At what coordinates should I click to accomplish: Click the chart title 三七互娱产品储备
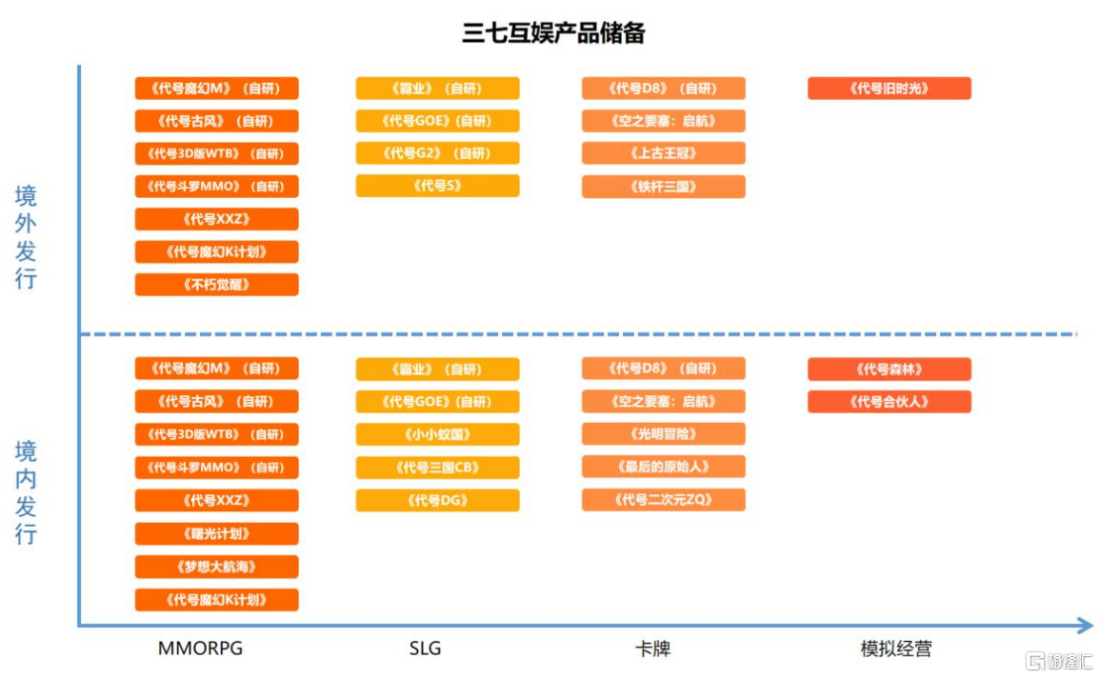[x=553, y=33]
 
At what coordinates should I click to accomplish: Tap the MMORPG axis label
[x=200, y=648]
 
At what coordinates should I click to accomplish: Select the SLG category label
[x=425, y=648]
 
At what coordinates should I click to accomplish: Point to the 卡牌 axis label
[x=653, y=648]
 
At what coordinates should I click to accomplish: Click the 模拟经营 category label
[x=896, y=648]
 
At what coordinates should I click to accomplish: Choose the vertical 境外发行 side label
[x=26, y=237]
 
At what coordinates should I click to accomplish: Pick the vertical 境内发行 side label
[x=26, y=492]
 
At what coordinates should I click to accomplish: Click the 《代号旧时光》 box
[x=890, y=89]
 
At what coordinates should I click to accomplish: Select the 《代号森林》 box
[x=890, y=369]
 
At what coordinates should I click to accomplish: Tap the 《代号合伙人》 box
[x=890, y=402]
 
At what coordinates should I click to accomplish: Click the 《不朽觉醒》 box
[x=217, y=285]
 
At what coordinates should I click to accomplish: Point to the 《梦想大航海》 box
[x=217, y=567]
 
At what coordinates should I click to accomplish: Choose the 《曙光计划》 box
[x=217, y=533]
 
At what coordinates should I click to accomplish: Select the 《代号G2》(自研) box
[x=438, y=153]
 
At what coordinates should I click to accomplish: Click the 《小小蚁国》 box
[x=438, y=435]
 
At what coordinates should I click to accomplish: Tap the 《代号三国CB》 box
[x=438, y=468]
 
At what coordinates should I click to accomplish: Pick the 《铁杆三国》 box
[x=664, y=187]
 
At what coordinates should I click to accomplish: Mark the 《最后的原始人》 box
[x=664, y=467]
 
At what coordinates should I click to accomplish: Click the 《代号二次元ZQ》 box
[x=664, y=500]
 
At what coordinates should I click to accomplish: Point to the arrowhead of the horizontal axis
[x=1088, y=626]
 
